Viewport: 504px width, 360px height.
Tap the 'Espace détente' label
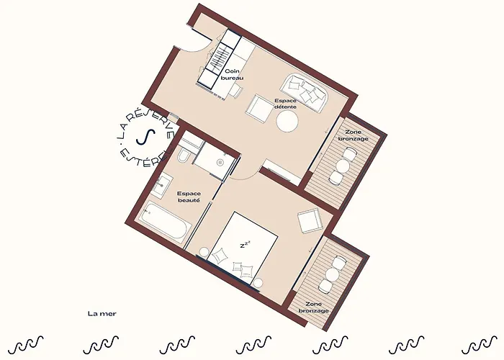pyautogui.click(x=285, y=104)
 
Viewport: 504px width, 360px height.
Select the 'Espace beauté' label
pyautogui.click(x=189, y=197)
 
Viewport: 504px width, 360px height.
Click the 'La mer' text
pyautogui.click(x=102, y=314)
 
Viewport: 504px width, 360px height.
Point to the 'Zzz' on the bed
pyautogui.click(x=245, y=245)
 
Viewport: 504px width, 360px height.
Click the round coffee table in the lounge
pyautogui.click(x=287, y=121)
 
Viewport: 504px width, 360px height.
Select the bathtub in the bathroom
pyautogui.click(x=165, y=222)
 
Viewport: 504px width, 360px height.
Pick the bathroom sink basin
pyautogui.click(x=163, y=184)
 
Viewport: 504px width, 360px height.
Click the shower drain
pyautogui.click(x=220, y=163)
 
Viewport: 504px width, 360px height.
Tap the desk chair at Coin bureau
pyautogui.click(x=237, y=90)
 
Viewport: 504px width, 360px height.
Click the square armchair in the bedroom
pyautogui.click(x=310, y=221)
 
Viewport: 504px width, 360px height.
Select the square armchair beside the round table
pyautogui.click(x=259, y=108)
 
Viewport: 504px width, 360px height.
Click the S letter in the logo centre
pyautogui.click(x=145, y=137)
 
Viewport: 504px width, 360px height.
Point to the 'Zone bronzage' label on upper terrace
pyautogui.click(x=353, y=135)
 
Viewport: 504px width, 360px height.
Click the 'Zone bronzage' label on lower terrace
pyautogui.click(x=313, y=307)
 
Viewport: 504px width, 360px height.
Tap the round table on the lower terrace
pyautogui.click(x=333, y=274)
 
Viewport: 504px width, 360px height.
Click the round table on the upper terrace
pyautogui.click(x=343, y=166)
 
